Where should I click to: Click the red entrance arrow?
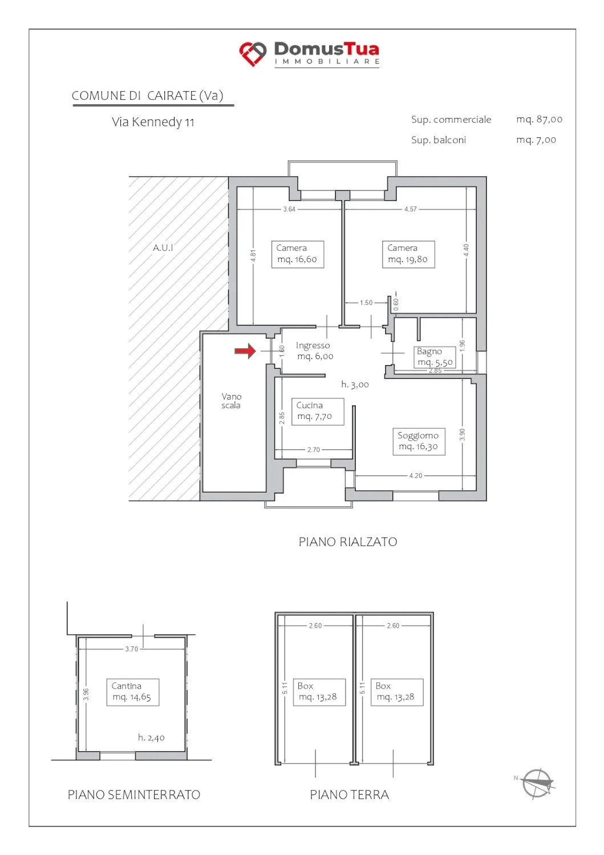pyautogui.click(x=245, y=351)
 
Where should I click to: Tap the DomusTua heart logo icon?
pyautogui.click(x=253, y=54)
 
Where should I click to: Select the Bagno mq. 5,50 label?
pyautogui.click(x=435, y=357)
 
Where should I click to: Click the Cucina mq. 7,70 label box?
pyautogui.click(x=318, y=412)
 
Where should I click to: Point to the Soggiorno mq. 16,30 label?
pyautogui.click(x=419, y=441)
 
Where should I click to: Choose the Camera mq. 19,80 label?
pyautogui.click(x=408, y=254)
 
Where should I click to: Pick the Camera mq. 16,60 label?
pyautogui.click(x=298, y=254)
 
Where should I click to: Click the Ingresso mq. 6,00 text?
pyautogui.click(x=314, y=351)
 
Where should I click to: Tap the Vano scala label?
pyautogui.click(x=231, y=401)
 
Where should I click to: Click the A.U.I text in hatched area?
pyautogui.click(x=163, y=248)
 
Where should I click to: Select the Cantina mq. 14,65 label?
pyautogui.click(x=132, y=692)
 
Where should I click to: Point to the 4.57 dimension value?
pyautogui.click(x=410, y=209)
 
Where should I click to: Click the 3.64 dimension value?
pyautogui.click(x=289, y=209)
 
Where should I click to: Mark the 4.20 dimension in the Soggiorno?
pyautogui.click(x=416, y=475)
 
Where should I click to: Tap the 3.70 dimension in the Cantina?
pyautogui.click(x=131, y=649)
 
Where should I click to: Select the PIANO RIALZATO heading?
pyautogui.click(x=348, y=542)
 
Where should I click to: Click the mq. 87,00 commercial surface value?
pyautogui.click(x=539, y=120)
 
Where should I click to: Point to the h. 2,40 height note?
pyautogui.click(x=151, y=737)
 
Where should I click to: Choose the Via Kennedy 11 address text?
pyautogui.click(x=153, y=122)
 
